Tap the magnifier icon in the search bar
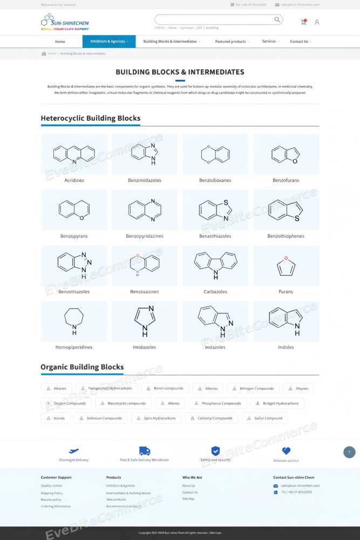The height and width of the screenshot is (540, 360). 277,20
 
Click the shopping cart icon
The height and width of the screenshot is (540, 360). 304,22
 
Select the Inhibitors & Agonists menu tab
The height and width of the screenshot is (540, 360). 109,42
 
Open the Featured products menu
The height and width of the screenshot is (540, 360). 232,42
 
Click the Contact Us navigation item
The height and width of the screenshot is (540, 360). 300,42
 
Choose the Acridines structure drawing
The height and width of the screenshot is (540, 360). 74,154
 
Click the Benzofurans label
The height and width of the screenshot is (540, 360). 286,180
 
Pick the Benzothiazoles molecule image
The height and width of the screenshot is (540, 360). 215,210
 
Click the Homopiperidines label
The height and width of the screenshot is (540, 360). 74,347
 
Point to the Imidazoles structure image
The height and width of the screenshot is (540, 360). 145,321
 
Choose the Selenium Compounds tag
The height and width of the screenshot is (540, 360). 101,418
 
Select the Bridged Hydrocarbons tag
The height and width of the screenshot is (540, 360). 277,403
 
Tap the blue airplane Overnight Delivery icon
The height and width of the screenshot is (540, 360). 74,451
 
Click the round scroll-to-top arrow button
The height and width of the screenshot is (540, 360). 349,452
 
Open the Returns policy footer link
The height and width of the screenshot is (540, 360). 51,500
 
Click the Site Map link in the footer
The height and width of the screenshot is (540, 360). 188,499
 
